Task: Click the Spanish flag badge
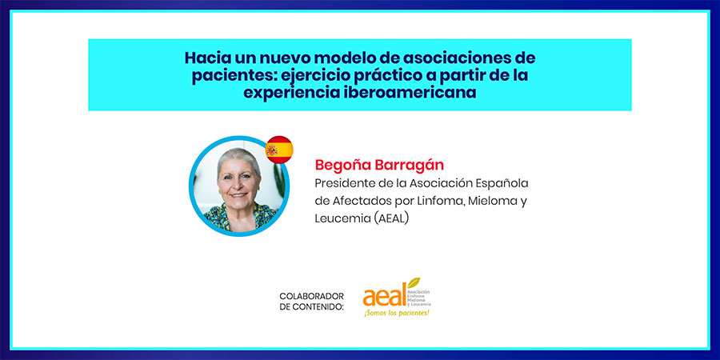(x=279, y=150)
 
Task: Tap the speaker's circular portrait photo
(x=238, y=186)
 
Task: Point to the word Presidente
(x=341, y=183)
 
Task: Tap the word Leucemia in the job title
(x=342, y=218)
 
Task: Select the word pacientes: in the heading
(x=228, y=76)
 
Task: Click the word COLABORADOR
(x=311, y=296)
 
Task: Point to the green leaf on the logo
(x=414, y=282)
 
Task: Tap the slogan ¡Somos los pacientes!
(x=397, y=313)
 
